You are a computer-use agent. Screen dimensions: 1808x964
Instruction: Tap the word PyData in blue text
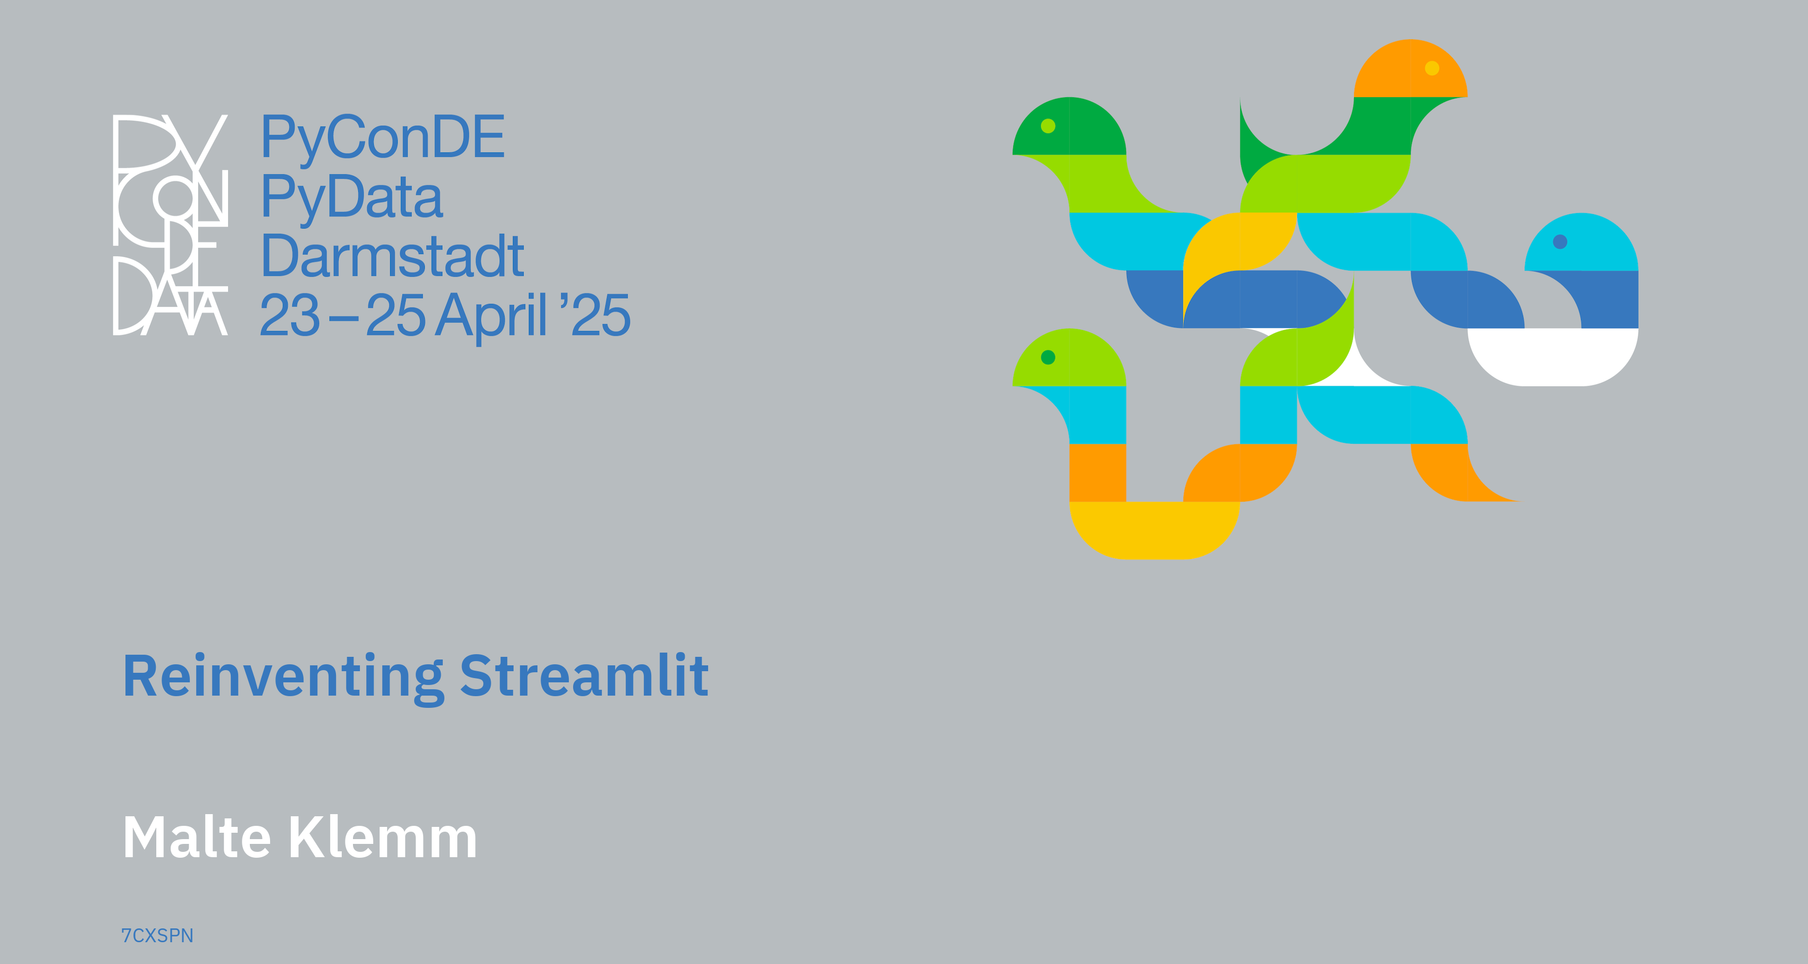tap(351, 197)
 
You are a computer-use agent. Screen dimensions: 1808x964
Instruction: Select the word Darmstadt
tap(392, 256)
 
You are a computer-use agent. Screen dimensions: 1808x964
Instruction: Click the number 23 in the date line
tap(290, 315)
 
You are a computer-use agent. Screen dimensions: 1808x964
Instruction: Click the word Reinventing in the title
tap(283, 677)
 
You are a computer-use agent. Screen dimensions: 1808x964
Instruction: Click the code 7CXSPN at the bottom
tap(157, 936)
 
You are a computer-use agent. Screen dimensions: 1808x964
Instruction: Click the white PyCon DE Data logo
tap(171, 224)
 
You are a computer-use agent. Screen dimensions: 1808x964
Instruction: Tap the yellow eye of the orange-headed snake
tap(1432, 68)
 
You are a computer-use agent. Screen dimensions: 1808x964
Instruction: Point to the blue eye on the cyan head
tap(1560, 242)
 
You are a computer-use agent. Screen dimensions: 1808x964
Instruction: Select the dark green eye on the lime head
tap(1048, 358)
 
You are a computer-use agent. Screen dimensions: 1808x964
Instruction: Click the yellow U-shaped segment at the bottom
tap(1155, 530)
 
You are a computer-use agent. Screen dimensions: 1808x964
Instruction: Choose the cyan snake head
tap(1582, 242)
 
